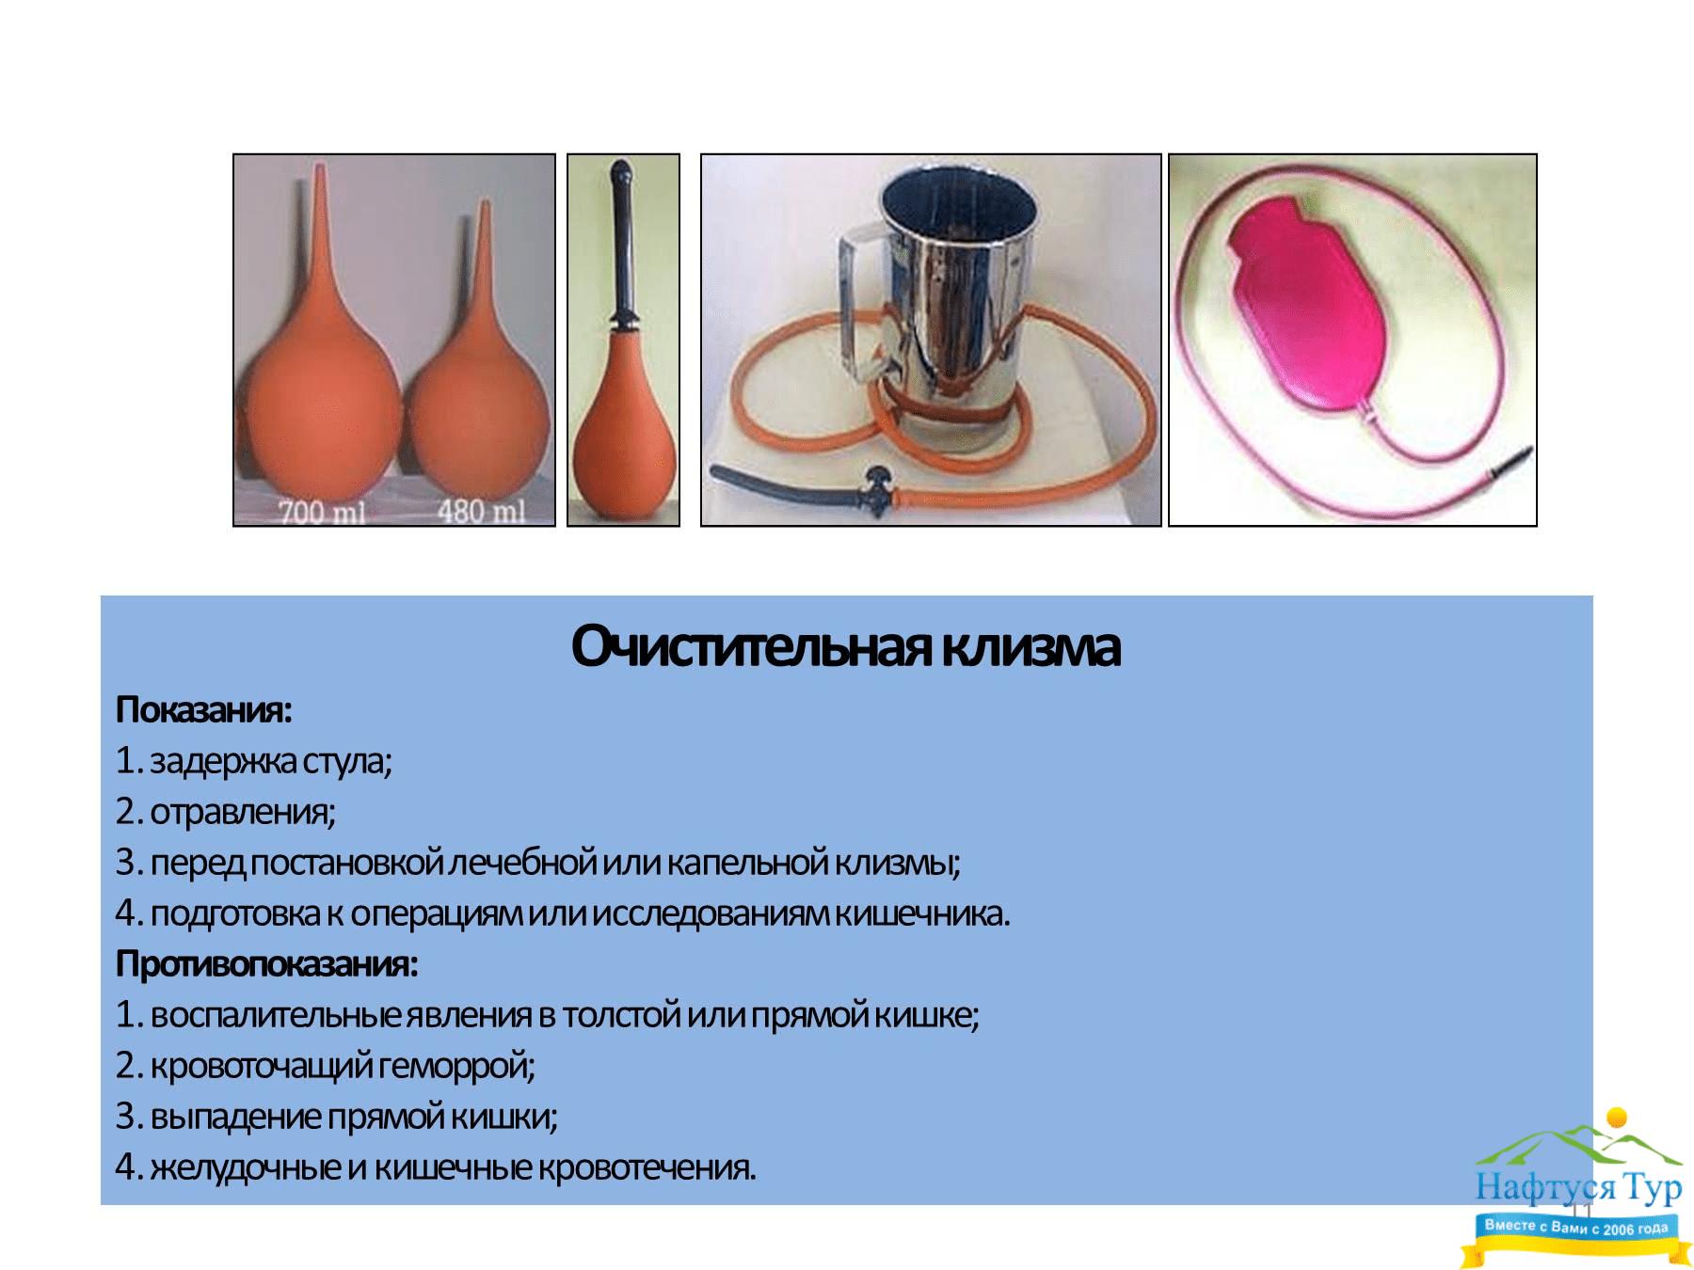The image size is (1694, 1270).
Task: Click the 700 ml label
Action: pyautogui.click(x=321, y=513)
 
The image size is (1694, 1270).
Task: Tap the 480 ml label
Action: pyautogui.click(x=481, y=511)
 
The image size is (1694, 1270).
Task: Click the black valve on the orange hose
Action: pyautogui.click(x=878, y=488)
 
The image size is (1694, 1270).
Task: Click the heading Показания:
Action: pyautogui.click(x=203, y=710)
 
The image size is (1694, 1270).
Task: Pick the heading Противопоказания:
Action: pyautogui.click(x=266, y=964)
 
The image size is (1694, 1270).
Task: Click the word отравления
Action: pyautogui.click(x=239, y=812)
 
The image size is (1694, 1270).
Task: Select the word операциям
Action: pyautogui.click(x=437, y=914)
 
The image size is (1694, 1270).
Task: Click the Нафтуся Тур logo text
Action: pyautogui.click(x=1578, y=1187)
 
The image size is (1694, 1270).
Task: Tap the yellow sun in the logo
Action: pyautogui.click(x=1617, y=1119)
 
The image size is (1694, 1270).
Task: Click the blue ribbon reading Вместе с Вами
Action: pyautogui.click(x=1575, y=1227)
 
